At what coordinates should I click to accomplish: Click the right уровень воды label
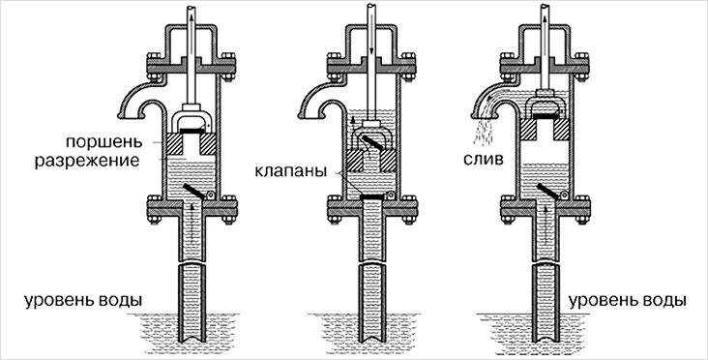coord(627,300)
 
